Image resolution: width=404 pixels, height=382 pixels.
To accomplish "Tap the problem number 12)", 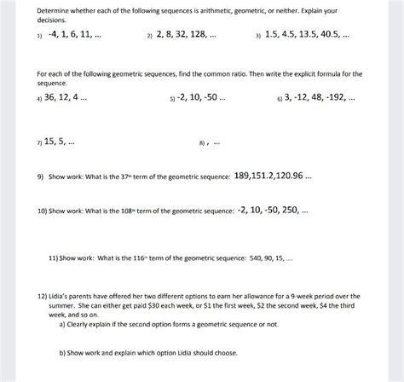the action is [x=43, y=293].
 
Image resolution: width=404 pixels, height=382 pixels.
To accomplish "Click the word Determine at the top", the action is [x=53, y=7].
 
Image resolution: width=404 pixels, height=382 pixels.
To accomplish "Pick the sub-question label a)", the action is [x=62, y=324].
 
